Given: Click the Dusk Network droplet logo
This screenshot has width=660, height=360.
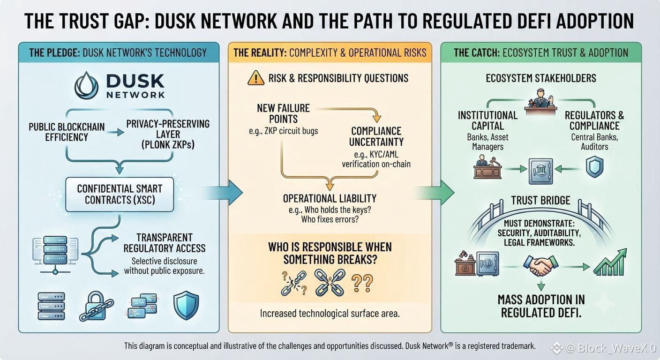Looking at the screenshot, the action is coord(86,85).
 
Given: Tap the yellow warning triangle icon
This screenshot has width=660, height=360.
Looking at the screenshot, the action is coord(256,78).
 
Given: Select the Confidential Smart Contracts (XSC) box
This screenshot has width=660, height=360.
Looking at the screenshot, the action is coord(120,195).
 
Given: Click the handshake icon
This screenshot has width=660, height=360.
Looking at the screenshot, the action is coord(540,265).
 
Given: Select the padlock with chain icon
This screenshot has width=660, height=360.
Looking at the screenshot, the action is coord(96,306).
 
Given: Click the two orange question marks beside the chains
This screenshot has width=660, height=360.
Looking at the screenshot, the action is coord(362,283).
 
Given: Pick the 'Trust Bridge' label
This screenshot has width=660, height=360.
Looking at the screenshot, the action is coord(540,200).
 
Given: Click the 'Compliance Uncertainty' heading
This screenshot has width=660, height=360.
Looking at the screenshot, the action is coord(376,136).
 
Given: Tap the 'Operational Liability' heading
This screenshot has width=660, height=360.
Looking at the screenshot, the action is coord(330,199).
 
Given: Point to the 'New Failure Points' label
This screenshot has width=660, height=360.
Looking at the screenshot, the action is coord(284,113).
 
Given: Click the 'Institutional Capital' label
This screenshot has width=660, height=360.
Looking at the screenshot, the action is coord(487,120).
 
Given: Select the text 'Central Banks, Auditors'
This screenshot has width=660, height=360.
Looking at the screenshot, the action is coord(594,142).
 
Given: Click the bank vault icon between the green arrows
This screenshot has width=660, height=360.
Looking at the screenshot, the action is coord(540,171).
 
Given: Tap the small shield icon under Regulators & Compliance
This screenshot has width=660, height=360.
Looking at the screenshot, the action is coord(594,167).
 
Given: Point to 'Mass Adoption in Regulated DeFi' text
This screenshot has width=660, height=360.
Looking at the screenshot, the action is coord(541,306).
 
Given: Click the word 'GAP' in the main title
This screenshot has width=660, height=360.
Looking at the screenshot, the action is coord(131,21).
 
